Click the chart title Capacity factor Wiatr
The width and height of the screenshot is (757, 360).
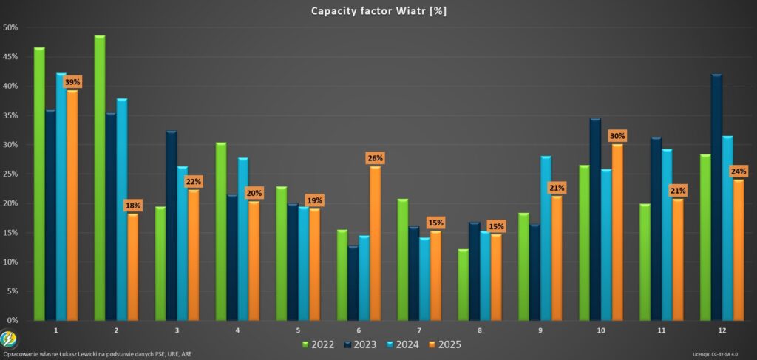click(378, 11)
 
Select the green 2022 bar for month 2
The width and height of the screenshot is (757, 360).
click(100, 177)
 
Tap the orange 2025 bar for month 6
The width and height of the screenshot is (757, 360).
click(375, 243)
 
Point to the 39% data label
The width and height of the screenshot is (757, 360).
click(72, 83)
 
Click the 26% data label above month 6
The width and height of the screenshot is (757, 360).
click(375, 158)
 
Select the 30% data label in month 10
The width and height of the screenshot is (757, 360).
click(617, 136)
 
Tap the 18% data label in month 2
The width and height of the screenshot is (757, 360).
click(133, 206)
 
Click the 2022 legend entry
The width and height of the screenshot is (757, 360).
click(318, 344)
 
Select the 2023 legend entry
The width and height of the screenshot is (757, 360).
click(361, 344)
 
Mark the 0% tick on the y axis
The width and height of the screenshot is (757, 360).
click(13, 320)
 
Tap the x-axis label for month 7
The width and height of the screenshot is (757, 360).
click(420, 330)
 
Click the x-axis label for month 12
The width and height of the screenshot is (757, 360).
click(722, 330)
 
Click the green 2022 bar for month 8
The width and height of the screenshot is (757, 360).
click(463, 285)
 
